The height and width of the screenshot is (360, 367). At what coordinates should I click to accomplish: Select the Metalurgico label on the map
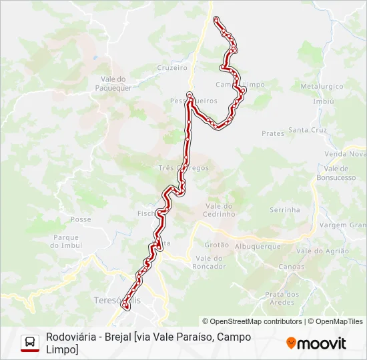322,87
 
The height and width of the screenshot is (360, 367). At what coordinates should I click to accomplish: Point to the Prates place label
273,133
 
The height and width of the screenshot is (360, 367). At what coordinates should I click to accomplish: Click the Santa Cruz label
308,130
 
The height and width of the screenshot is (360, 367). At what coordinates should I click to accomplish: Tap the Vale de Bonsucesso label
336,173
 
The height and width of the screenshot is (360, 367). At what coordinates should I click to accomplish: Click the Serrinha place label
285,209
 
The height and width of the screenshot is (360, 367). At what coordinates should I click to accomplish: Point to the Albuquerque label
258,246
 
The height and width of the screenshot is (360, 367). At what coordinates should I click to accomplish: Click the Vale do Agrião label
323,251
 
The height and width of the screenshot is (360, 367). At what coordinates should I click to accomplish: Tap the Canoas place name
291,267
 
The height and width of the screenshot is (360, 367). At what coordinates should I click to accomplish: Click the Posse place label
81,219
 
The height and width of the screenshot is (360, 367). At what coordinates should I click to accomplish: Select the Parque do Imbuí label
65,241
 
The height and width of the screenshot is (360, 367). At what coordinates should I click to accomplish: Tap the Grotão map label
217,245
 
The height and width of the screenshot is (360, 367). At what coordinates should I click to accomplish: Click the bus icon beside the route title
30,343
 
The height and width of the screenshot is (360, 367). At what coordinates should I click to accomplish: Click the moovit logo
316,343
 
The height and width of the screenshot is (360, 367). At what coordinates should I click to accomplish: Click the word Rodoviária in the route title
70,337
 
